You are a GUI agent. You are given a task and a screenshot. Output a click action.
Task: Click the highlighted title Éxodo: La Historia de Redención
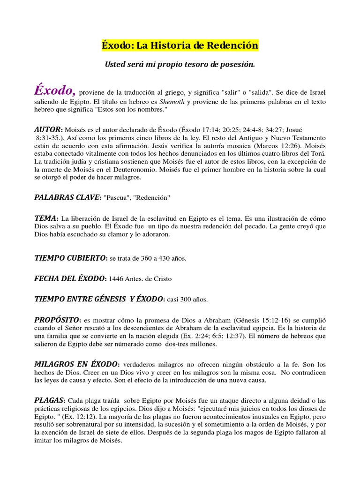pos(180,46)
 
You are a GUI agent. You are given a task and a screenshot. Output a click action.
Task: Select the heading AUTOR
pos(48,129)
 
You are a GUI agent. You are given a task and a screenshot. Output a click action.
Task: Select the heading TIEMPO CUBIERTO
pos(70,258)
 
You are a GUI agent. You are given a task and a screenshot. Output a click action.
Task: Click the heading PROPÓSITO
pos(58,319)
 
